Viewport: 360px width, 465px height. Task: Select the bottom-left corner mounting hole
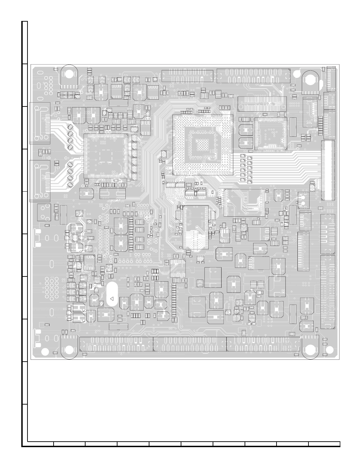point(69,350)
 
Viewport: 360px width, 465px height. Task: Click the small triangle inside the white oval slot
point(111,299)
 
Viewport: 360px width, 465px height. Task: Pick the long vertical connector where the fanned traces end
point(328,170)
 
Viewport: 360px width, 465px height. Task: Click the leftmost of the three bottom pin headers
point(116,344)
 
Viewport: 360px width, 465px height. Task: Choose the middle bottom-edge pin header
point(190,344)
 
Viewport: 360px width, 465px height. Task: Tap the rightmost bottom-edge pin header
point(263,344)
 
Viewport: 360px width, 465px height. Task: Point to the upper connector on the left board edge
point(40,123)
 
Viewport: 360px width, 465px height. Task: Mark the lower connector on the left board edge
point(40,181)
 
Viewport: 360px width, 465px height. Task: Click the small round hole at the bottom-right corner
point(330,350)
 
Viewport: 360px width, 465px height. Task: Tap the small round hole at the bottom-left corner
point(45,352)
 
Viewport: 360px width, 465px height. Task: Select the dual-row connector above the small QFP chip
point(262,104)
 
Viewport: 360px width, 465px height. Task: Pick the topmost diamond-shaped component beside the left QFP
point(71,127)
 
